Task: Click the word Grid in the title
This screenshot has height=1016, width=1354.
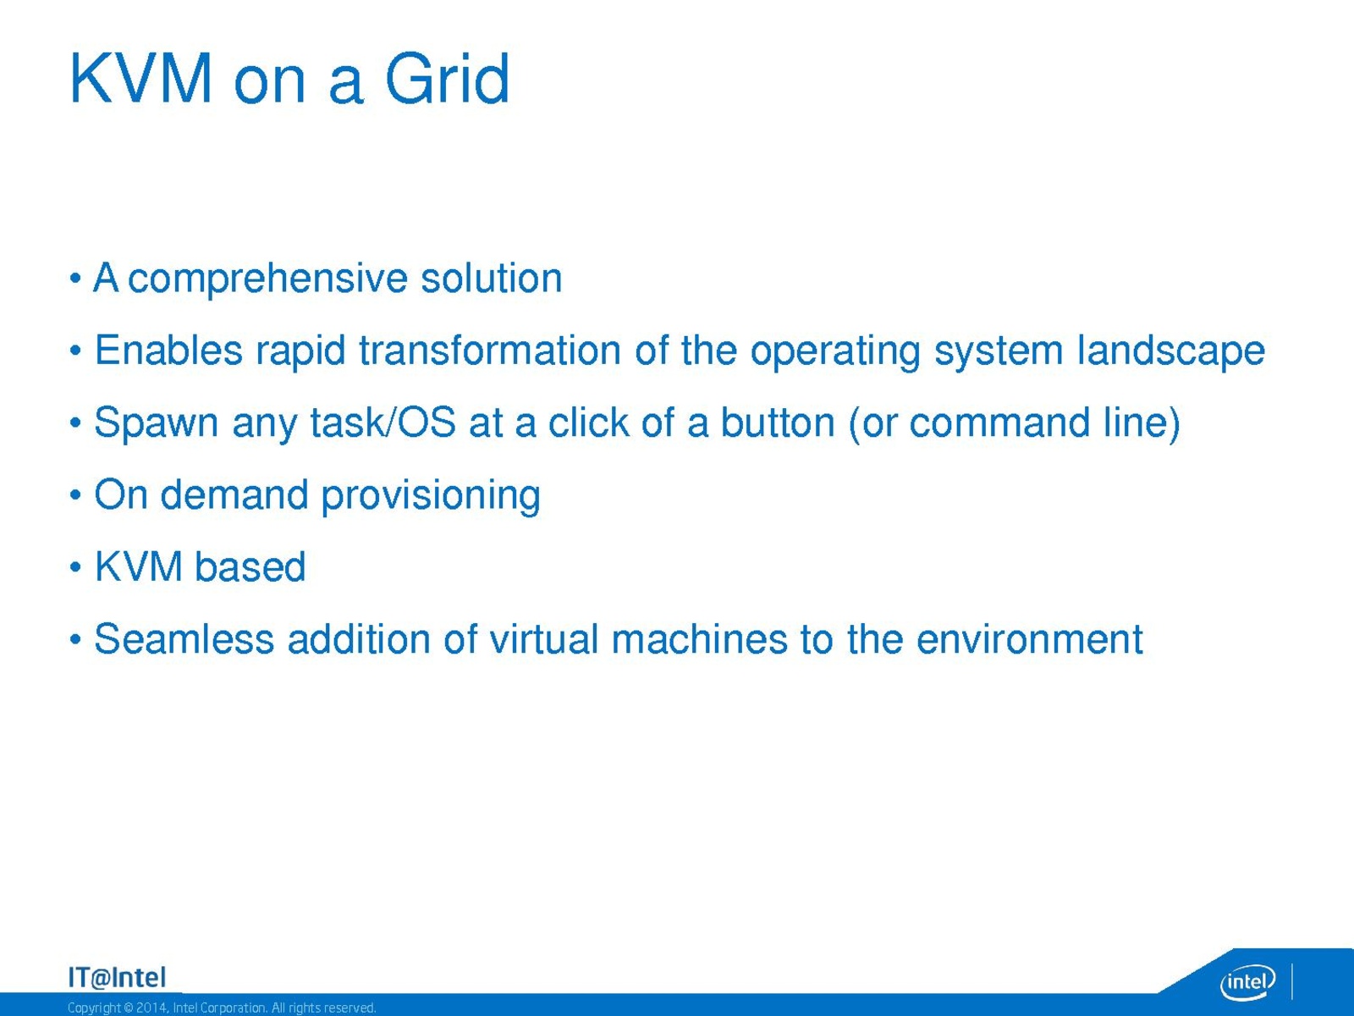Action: coord(447,79)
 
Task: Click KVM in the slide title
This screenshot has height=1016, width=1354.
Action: coord(141,79)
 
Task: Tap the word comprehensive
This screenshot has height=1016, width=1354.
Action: coord(267,279)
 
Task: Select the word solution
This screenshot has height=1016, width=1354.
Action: coord(492,278)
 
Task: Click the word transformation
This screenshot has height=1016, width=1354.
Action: coord(490,351)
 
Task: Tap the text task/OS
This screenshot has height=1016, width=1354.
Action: coord(383,422)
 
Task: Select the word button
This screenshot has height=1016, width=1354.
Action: coord(778,422)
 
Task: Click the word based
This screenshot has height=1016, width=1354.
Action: coord(250,567)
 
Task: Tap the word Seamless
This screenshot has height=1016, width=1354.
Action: coord(184,639)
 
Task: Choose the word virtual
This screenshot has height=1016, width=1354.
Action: coord(544,639)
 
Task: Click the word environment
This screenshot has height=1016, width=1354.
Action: coord(1030,640)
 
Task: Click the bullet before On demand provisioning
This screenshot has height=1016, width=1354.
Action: coord(75,494)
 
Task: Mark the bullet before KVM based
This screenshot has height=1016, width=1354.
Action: coord(75,567)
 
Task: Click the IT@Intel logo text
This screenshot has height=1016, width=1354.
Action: coord(117,978)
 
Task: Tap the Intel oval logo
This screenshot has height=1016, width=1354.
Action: coord(1248,981)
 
